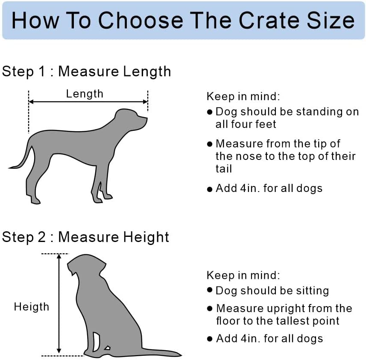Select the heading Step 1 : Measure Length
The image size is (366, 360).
pos(86,71)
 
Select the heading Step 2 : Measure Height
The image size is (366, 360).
pos(85,237)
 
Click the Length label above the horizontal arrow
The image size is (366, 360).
pos(85,94)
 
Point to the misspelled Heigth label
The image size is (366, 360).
pos(32,307)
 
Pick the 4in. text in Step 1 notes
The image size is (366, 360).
pos(249,188)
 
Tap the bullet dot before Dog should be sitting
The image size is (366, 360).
pos(209,290)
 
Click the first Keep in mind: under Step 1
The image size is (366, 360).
pos(243,96)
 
